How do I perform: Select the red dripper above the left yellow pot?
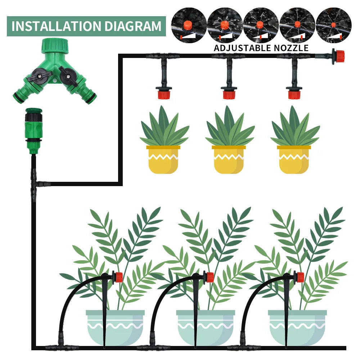coord(164,94)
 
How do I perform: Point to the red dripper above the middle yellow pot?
coord(229,94)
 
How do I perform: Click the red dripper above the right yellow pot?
coord(294,94)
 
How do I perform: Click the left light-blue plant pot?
coord(115,328)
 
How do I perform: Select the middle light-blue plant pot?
coord(206,328)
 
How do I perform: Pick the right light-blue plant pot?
coord(297,328)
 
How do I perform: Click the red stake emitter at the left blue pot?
coord(118,277)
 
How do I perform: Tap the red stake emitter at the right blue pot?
coord(300,277)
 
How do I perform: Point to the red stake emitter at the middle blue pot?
coord(210,277)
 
